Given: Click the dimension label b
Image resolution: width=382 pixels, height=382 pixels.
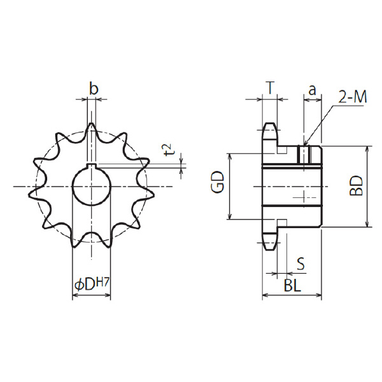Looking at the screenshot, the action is click(x=94, y=88).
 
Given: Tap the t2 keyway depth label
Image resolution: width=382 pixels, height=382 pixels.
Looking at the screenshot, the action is click(x=169, y=150).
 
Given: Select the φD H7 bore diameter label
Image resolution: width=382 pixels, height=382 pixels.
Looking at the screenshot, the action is click(x=92, y=285).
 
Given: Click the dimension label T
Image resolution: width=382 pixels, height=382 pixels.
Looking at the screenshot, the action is click(x=270, y=88).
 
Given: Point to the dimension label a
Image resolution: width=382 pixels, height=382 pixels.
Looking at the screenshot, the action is click(x=313, y=90).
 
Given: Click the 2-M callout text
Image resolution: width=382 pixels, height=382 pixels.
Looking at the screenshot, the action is click(x=353, y=97).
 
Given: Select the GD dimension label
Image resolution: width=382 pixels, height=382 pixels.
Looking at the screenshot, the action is click(x=218, y=182).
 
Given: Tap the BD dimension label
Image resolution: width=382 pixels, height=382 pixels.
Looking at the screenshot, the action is click(x=356, y=186).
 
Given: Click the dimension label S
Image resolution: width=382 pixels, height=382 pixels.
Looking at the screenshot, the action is click(x=301, y=264).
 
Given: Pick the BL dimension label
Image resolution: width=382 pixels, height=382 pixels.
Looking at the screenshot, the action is click(x=292, y=285).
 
